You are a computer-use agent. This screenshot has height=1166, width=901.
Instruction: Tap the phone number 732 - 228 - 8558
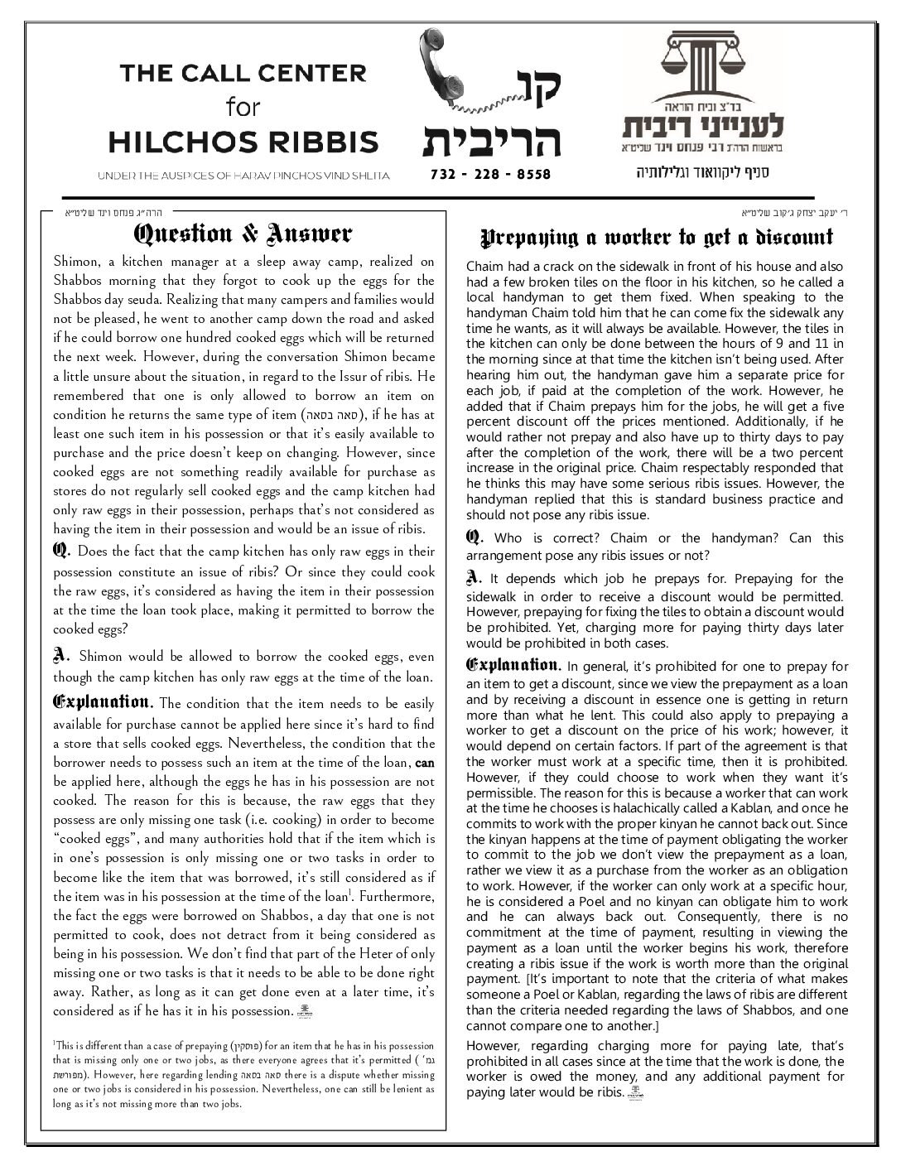pyautogui.click(x=491, y=175)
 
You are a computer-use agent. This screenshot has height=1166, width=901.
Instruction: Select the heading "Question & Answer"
pyautogui.click(x=243, y=234)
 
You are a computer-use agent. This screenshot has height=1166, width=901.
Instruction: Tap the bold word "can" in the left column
pyautogui.click(x=424, y=761)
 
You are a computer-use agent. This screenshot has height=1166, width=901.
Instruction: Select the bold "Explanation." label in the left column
pyautogui.click(x=104, y=703)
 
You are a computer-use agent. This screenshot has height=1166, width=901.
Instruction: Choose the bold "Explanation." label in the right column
pyautogui.click(x=513, y=665)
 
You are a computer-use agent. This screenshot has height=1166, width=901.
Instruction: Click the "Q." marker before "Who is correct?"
pyautogui.click(x=474, y=537)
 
